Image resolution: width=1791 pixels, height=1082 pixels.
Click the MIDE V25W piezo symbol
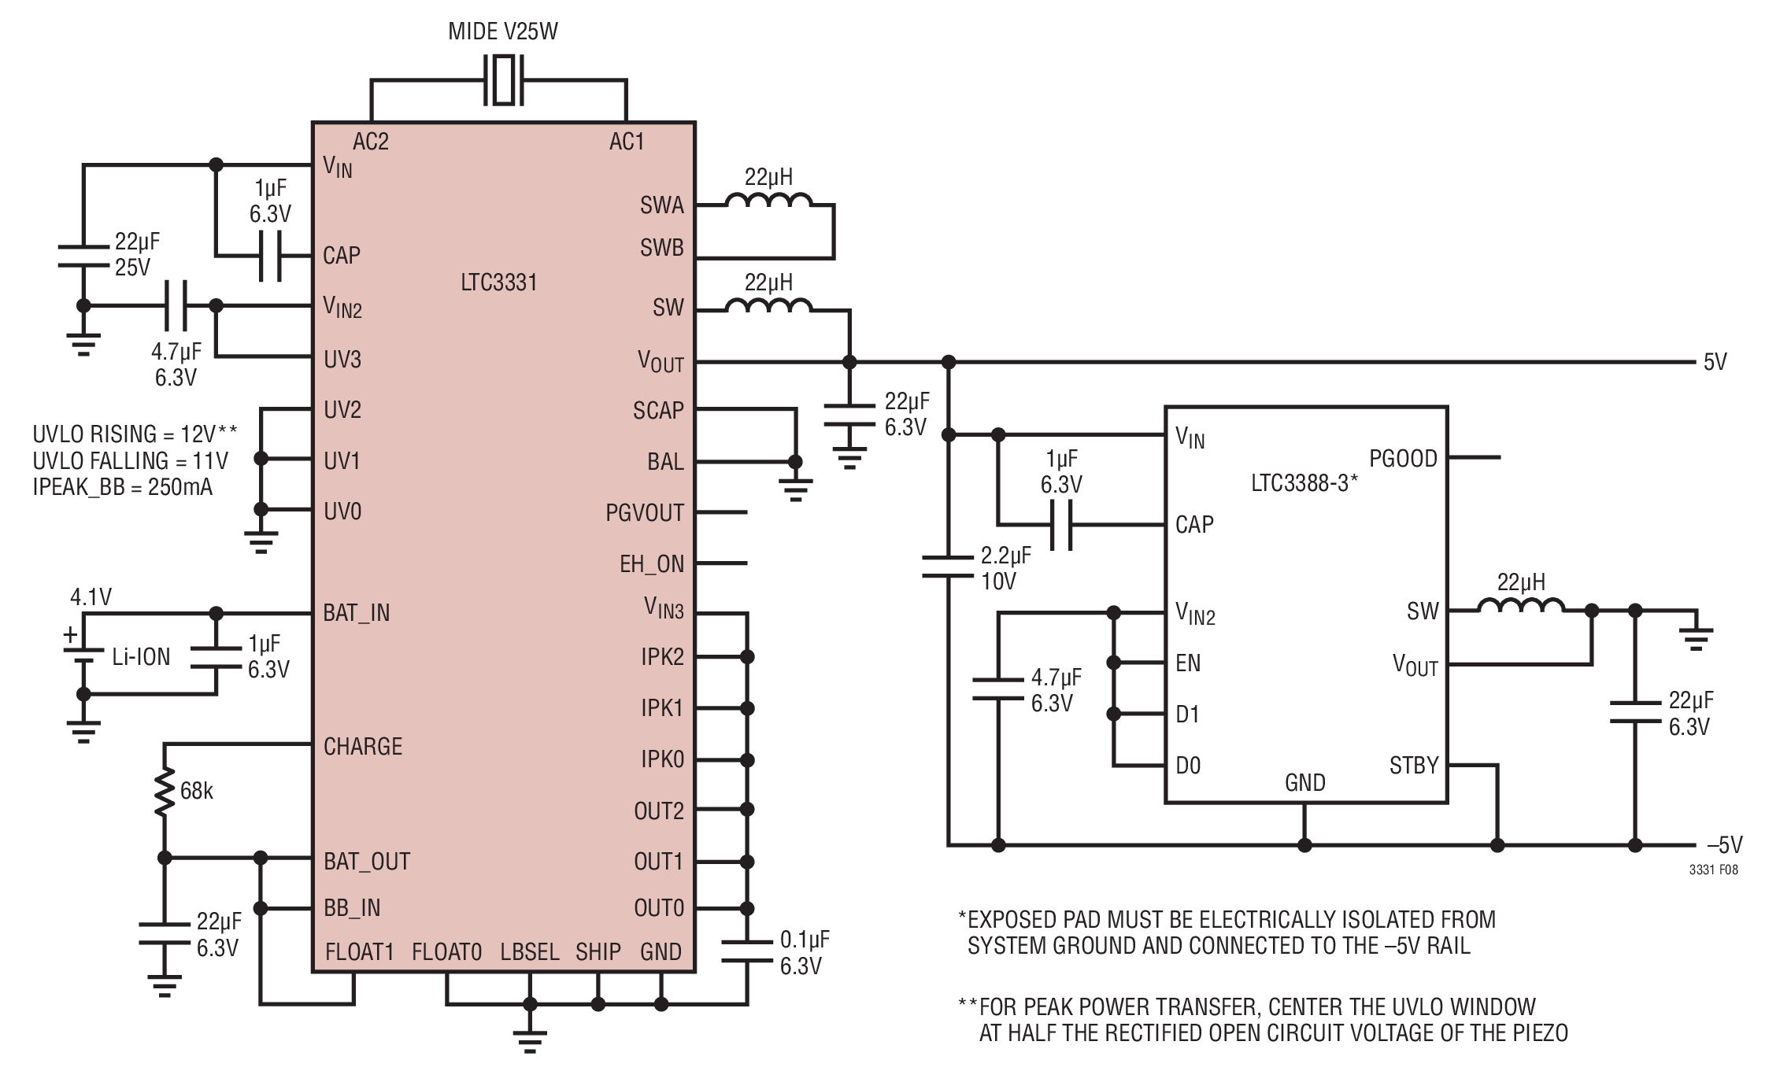coord(503,79)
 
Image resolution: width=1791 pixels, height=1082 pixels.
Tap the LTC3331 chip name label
coord(499,283)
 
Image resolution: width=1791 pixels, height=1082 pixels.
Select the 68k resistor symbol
coord(165,792)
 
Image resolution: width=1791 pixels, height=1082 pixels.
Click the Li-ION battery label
coord(141,657)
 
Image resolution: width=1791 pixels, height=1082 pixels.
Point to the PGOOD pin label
coord(1403,459)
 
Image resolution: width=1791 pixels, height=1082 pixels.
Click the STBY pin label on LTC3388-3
coord(1414,766)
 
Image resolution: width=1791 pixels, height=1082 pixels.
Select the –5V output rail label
coord(1724,845)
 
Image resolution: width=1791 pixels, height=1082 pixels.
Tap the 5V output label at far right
coord(1715,362)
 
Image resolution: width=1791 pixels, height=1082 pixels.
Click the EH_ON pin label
coord(652,564)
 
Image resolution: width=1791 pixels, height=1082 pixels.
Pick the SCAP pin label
coord(658,411)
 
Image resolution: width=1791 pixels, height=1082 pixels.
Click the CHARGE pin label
coord(363,746)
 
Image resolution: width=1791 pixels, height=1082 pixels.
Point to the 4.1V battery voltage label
coord(91,597)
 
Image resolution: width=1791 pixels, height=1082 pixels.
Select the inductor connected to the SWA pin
coord(768,202)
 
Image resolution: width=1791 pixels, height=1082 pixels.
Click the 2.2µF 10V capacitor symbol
coord(949,567)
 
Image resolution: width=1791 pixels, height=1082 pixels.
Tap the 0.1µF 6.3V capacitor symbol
coord(747,951)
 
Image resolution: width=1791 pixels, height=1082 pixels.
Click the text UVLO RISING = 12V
coord(125,434)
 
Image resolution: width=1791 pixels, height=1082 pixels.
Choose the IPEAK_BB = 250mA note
coord(123,487)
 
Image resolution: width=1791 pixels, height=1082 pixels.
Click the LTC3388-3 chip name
coord(1304,483)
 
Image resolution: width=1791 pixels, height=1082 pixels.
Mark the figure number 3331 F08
coord(1713,870)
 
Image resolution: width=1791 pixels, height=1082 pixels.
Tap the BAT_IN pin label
coord(357,613)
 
